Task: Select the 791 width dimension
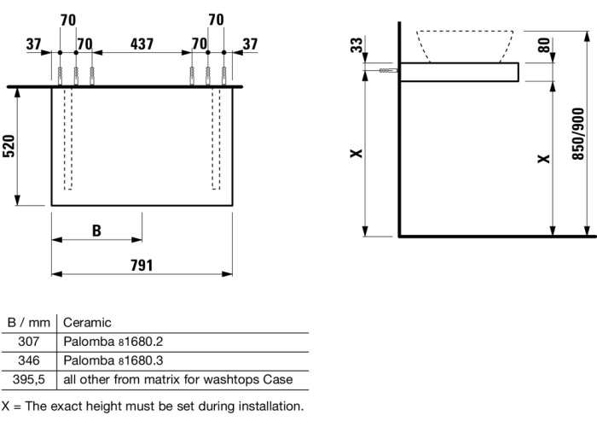point(141,265)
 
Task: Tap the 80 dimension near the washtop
point(543,45)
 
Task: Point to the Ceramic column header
point(88,323)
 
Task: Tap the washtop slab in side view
point(459,73)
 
